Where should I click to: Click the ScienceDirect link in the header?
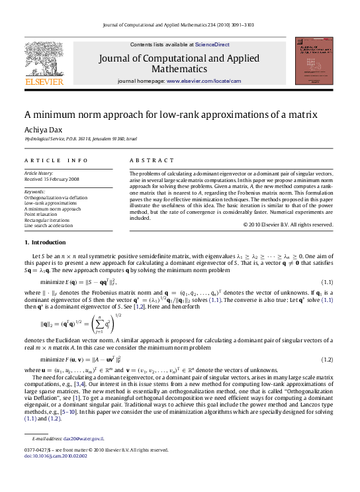pos(212,44)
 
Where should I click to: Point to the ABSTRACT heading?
pos(147,160)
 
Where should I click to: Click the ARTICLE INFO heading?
pos(56,160)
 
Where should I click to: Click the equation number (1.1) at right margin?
pos(326,283)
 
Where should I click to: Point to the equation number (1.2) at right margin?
pos(326,359)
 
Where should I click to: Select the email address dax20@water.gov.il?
pos(83,438)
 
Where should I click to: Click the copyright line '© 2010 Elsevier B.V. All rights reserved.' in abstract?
pos(288,224)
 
